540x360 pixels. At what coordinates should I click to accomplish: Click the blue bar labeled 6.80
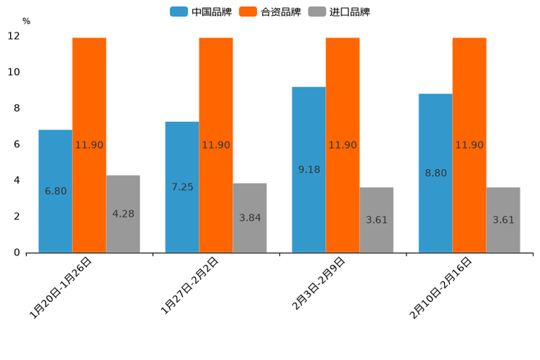click(55, 191)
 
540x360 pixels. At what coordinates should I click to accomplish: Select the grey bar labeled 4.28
click(123, 213)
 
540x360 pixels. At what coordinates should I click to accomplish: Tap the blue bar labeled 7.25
click(182, 187)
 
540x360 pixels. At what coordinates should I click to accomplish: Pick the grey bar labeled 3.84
click(250, 217)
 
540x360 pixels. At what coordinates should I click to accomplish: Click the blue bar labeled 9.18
click(308, 169)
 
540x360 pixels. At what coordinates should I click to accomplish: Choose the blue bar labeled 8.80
click(435, 173)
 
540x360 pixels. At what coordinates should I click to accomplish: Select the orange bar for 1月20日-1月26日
click(89, 144)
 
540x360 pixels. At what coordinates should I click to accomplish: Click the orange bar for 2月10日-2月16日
click(470, 144)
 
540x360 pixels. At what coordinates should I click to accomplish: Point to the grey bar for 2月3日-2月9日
click(377, 219)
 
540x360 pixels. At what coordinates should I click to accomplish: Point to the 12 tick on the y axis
click(14, 36)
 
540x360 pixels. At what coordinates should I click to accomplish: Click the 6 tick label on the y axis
click(17, 144)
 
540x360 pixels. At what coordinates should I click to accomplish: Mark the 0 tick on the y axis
click(17, 253)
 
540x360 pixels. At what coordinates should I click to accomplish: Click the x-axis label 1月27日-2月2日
click(190, 286)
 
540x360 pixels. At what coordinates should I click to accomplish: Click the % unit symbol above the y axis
click(26, 21)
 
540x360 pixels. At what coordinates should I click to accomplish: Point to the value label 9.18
click(309, 169)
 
